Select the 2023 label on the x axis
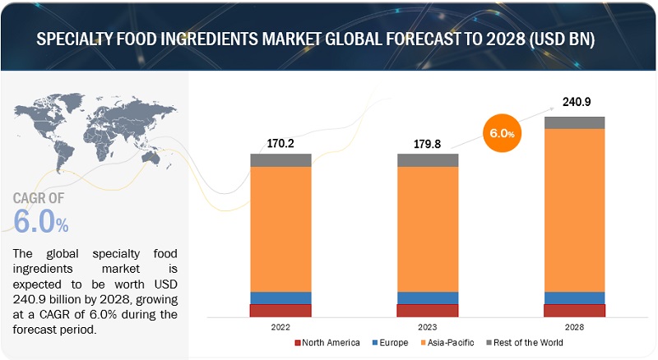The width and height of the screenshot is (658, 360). click(428, 327)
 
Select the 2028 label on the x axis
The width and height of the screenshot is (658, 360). click(575, 327)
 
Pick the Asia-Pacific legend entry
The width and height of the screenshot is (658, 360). click(450, 343)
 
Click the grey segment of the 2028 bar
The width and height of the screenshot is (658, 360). click(575, 122)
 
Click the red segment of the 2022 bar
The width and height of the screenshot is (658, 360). click(280, 311)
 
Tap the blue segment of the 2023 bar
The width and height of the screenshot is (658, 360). click(428, 298)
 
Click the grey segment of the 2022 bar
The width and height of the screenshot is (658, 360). click(280, 160)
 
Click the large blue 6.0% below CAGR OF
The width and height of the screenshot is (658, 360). click(41, 221)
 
